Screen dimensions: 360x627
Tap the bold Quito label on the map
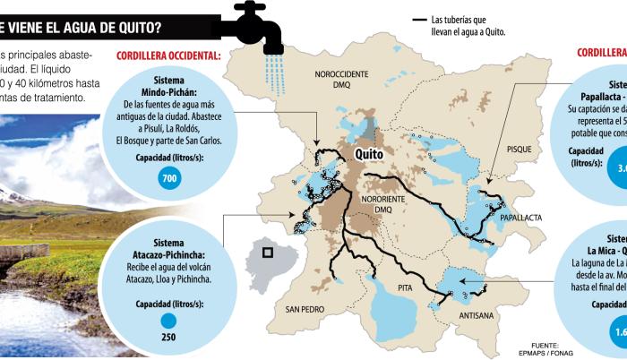[374, 155]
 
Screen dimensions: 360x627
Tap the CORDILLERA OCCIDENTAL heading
[168, 56]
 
